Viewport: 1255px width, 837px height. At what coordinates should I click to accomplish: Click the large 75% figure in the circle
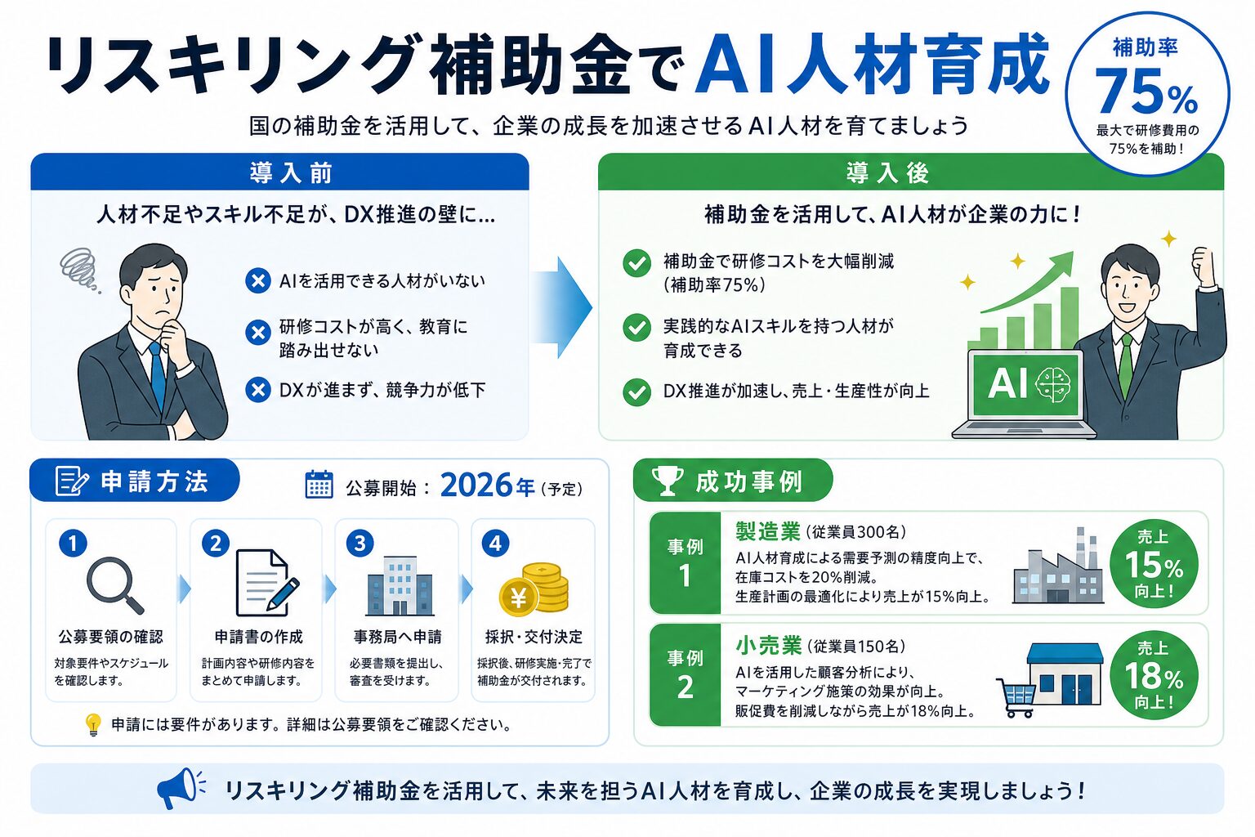click(1146, 92)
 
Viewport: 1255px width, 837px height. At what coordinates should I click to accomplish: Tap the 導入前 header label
click(292, 172)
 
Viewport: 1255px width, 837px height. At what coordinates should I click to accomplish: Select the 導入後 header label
click(887, 172)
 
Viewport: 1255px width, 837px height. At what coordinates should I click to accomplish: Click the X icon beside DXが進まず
click(258, 390)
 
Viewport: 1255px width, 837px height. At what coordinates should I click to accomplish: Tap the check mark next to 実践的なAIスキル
click(636, 328)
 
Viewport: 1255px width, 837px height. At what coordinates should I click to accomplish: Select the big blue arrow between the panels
click(561, 307)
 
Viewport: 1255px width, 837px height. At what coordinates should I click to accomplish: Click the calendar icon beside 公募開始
click(319, 484)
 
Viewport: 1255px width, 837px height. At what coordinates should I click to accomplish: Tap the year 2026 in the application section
click(476, 485)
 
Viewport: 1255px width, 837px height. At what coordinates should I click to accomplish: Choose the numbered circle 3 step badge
click(360, 543)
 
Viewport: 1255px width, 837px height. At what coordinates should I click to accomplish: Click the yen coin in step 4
click(518, 598)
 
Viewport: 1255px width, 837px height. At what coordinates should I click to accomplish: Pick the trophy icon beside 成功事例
click(668, 481)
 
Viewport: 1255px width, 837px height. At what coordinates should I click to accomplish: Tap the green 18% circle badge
click(1154, 674)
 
